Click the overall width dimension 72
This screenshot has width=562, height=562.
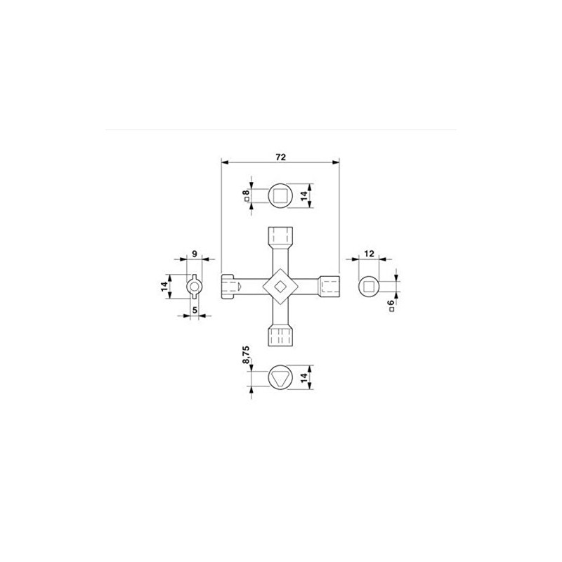click(x=280, y=157)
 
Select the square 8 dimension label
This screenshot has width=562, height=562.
click(x=247, y=195)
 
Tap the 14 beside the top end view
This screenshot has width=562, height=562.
click(x=304, y=195)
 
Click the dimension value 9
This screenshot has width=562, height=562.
click(x=195, y=254)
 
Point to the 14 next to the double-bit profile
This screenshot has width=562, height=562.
click(x=164, y=286)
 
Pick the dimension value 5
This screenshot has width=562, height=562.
click(x=195, y=310)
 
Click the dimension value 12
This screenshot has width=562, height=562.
click(x=369, y=254)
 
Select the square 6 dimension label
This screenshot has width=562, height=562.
click(x=391, y=306)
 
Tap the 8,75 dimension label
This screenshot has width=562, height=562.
click(x=247, y=355)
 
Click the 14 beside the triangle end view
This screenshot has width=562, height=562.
click(x=304, y=377)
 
